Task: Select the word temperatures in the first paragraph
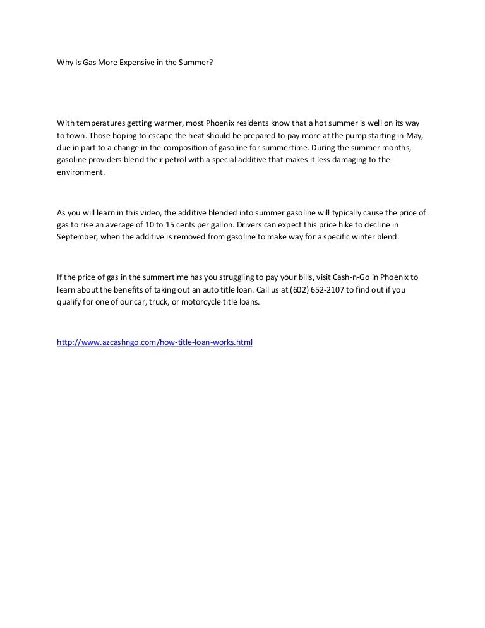click(x=99, y=123)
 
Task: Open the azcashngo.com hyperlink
click(x=154, y=342)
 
